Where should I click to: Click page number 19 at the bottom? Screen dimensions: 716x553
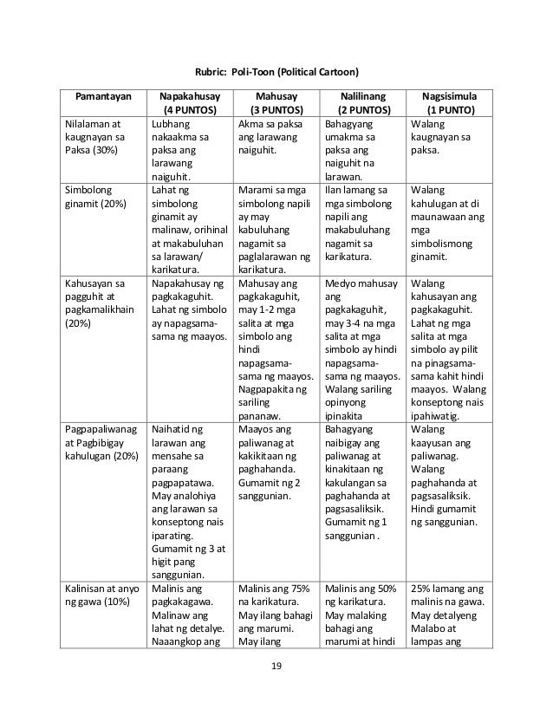click(276, 667)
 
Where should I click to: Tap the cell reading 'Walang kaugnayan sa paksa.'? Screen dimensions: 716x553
click(441, 136)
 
